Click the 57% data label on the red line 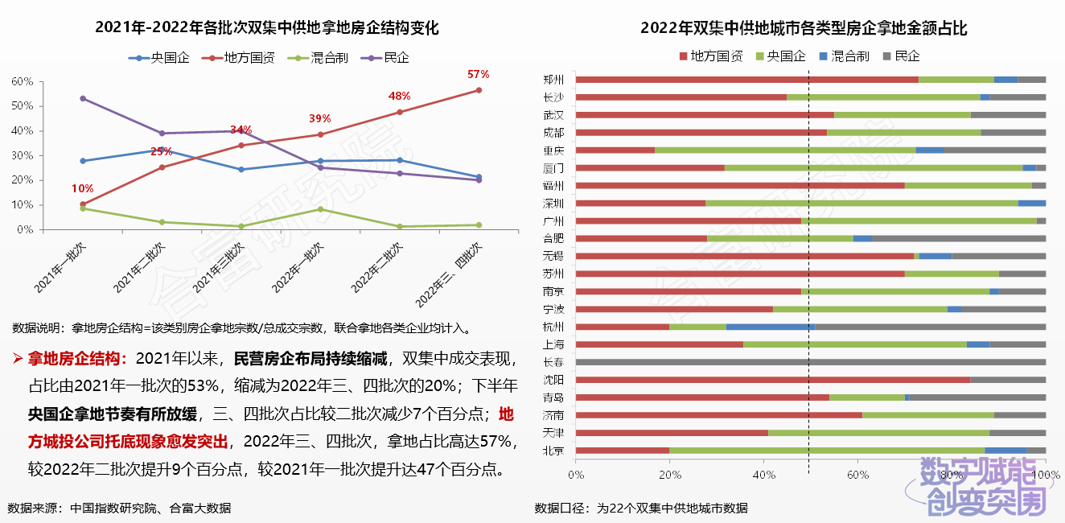tap(478, 74)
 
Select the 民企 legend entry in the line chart tap(389, 58)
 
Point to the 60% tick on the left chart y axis tap(23, 81)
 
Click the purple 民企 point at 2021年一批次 tap(83, 98)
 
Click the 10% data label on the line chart tap(82, 188)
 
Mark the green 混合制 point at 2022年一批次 tap(320, 209)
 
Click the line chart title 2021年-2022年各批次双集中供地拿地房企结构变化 tap(267, 27)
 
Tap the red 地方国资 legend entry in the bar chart tap(711, 56)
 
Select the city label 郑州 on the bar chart tap(553, 80)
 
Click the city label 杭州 tap(553, 327)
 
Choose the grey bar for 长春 tap(811, 362)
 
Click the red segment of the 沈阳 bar tap(773, 380)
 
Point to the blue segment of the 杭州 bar tap(770, 327)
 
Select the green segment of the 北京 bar tap(827, 451)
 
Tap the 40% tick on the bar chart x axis tap(763, 476)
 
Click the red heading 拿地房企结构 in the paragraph tap(77, 357)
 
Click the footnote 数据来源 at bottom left tap(119, 508)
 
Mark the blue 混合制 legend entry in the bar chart tap(844, 56)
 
